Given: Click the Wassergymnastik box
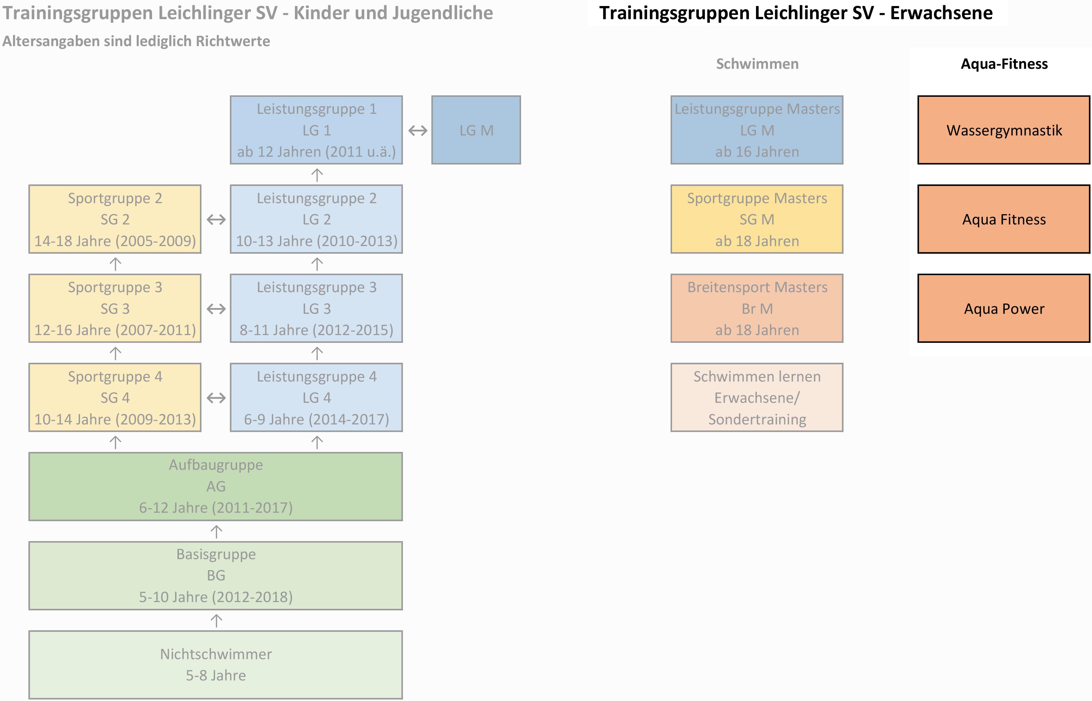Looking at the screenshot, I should point(1004,130).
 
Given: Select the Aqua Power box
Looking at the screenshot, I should point(1004,308).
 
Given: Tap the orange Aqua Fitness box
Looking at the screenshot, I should point(1004,219).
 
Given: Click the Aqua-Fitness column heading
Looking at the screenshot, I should point(1004,64).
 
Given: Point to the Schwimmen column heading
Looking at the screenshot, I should point(757,64).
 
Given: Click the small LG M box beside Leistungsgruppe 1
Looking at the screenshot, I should point(476,130).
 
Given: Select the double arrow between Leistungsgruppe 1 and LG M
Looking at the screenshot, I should point(418,130).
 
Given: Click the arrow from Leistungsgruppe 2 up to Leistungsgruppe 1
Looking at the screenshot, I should point(317,175).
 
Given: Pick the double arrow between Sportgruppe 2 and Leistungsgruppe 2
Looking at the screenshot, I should point(216,220).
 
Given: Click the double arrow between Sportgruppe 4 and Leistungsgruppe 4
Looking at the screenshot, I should point(216,398).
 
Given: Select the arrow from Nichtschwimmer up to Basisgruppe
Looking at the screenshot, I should point(216,621).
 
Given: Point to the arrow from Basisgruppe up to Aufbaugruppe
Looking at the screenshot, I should point(216,531).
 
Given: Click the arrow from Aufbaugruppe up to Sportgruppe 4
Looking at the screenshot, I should point(116,442).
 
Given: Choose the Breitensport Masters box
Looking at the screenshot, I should point(757,308).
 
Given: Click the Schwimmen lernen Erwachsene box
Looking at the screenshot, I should point(757,398).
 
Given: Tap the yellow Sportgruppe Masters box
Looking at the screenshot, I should point(757,219).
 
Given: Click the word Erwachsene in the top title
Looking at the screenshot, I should point(941,13).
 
